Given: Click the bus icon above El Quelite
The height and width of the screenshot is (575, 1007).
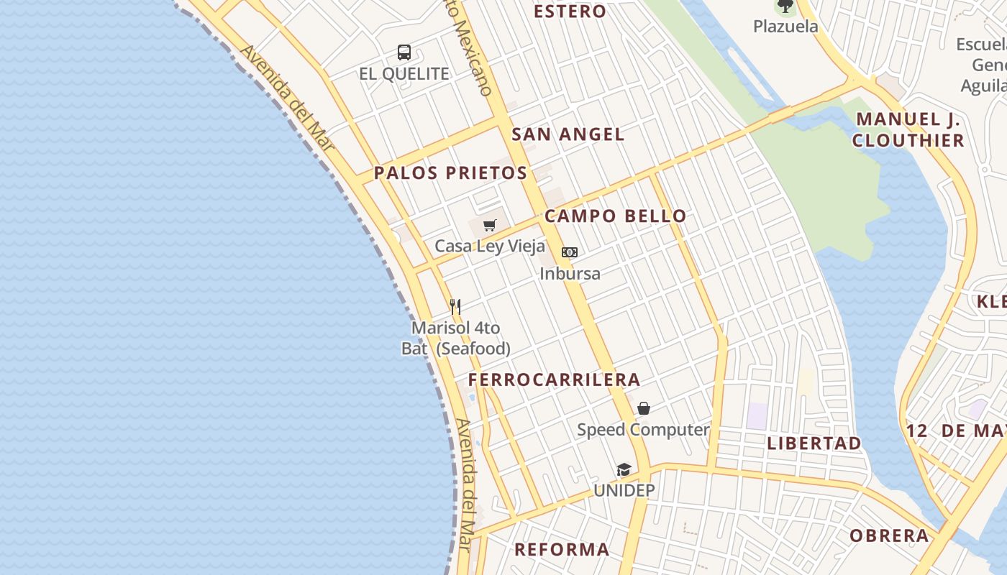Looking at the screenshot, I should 404,52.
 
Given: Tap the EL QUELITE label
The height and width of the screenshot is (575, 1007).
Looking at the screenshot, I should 404,74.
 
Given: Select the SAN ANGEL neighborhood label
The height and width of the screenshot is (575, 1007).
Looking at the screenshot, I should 568,134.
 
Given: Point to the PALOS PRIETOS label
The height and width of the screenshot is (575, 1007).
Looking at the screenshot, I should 450,173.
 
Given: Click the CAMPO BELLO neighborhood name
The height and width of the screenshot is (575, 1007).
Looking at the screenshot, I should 615,216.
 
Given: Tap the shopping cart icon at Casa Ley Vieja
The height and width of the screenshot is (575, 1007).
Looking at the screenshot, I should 490,226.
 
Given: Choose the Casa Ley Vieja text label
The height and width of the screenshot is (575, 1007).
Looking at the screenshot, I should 490,247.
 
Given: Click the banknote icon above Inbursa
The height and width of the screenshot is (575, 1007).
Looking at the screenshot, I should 570,252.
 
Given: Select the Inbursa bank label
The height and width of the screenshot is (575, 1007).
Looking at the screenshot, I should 570,274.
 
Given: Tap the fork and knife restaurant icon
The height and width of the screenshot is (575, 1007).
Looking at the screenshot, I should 455,307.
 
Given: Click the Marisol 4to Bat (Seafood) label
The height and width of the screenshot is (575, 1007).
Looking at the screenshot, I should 456,339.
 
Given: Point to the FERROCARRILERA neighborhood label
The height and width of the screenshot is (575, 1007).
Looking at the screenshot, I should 554,380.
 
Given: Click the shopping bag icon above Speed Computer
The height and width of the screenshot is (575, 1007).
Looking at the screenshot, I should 644,408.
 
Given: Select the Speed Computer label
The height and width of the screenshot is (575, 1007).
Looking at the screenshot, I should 643,430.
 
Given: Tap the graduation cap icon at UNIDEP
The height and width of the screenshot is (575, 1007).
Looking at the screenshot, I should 624,470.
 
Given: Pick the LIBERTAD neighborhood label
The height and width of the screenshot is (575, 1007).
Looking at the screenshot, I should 814,443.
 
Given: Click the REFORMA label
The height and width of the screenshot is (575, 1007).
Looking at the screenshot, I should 562,550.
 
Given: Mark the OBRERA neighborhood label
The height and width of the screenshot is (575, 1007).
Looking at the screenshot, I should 889,536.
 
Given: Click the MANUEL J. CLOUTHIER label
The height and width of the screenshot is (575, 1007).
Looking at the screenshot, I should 908,130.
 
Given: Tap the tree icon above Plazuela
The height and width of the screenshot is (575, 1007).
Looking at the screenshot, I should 785,6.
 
